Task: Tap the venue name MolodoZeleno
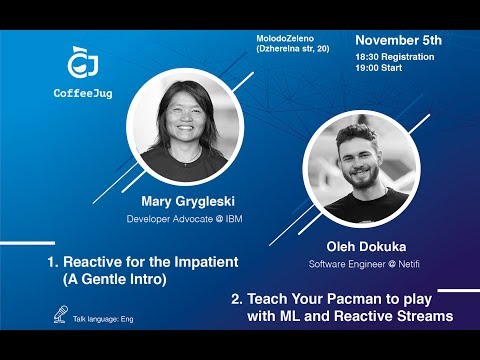(x=284, y=38)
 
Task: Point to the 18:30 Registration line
(x=394, y=57)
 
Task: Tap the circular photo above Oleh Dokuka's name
(x=361, y=172)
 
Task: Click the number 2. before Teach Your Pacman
(x=237, y=299)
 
